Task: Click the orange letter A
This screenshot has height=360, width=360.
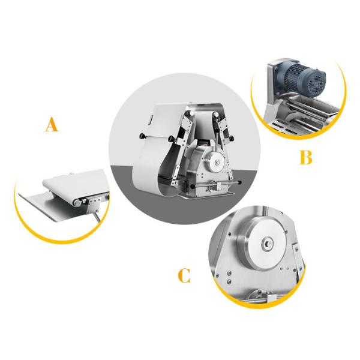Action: [52, 124]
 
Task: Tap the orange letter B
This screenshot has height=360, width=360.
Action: [306, 157]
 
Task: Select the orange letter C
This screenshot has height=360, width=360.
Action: [184, 275]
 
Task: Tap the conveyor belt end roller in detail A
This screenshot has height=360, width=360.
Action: [77, 203]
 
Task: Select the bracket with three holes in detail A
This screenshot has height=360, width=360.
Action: [94, 203]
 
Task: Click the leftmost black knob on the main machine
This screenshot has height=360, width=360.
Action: [142, 136]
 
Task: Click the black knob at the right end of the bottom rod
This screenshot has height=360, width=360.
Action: [240, 182]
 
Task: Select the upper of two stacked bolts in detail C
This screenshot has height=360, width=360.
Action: [229, 273]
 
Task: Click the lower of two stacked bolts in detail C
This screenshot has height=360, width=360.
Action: [229, 281]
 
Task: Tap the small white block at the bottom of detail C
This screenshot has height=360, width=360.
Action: [271, 298]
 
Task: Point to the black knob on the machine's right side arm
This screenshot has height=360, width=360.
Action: [232, 138]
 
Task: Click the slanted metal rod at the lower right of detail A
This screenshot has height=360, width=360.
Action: [97, 217]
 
